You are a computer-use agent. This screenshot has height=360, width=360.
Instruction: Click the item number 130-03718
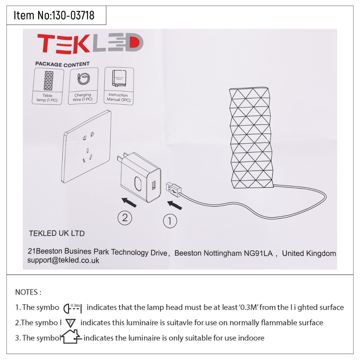pyautogui.click(x=73, y=15)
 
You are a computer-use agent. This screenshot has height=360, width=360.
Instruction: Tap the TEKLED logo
pyautogui.click(x=90, y=43)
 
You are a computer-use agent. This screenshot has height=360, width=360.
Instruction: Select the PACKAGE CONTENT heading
pyautogui.click(x=62, y=64)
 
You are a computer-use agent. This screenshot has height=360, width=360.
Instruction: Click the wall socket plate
pyautogui.click(x=86, y=147)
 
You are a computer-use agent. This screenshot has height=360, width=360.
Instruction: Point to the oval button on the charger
pyautogui.click(x=138, y=183)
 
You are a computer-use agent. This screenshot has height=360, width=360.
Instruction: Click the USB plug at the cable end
pyautogui.click(x=174, y=189)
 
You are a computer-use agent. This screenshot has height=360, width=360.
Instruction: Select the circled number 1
pyautogui.click(x=170, y=221)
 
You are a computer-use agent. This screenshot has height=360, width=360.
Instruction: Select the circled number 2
pyautogui.click(x=125, y=217)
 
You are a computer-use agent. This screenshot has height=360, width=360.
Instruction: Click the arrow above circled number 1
pyautogui.click(x=175, y=205)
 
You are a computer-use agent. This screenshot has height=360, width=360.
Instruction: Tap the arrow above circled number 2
pyautogui.click(x=129, y=202)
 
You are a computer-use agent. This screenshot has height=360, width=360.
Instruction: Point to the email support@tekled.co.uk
pyautogui.click(x=63, y=260)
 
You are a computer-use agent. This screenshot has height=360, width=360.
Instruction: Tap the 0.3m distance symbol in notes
pyautogui.click(x=73, y=308)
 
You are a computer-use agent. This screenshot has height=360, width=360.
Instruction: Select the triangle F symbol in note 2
pyautogui.click(x=70, y=323)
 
